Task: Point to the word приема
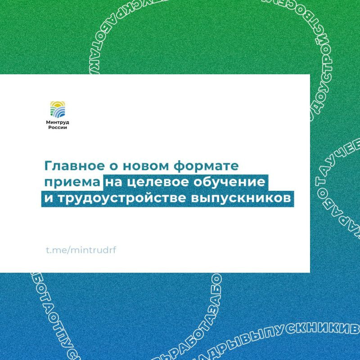click(72, 183)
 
